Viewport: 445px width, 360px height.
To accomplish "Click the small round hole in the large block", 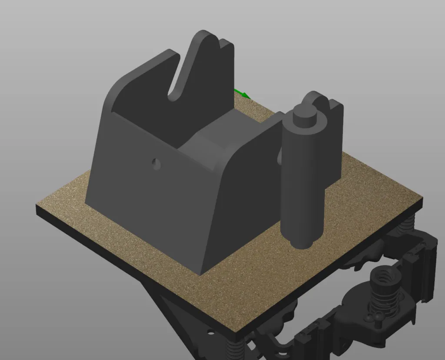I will [x=156, y=164].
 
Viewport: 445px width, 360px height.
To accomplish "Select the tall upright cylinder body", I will [x=302, y=183].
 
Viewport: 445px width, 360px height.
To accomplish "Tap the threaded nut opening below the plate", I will [x=384, y=276].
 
